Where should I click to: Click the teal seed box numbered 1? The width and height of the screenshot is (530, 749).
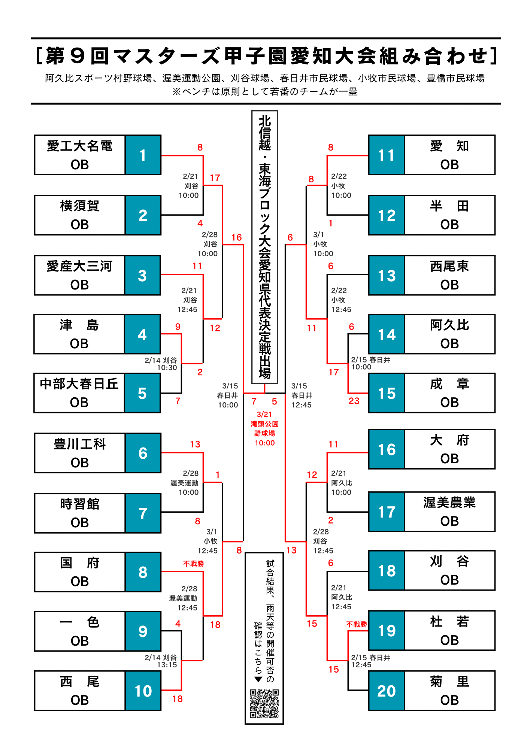[x=143, y=155]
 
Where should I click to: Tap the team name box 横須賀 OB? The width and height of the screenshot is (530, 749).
[x=80, y=215]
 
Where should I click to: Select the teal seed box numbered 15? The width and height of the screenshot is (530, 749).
[x=387, y=393]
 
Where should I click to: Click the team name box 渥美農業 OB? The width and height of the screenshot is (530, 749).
[x=449, y=512]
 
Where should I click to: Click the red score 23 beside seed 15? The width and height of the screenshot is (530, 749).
[x=354, y=401]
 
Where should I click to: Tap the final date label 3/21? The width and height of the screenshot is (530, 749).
[x=264, y=414]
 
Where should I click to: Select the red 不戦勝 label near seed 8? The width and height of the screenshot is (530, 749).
[x=193, y=564]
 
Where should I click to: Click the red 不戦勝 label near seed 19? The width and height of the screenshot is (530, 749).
[x=357, y=624]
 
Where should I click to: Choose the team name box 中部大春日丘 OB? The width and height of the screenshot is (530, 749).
[x=79, y=393]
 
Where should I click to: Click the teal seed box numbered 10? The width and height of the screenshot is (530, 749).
[x=143, y=691]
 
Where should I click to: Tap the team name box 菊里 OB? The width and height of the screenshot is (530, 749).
[x=449, y=691]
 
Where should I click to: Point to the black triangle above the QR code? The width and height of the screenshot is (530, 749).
[x=258, y=680]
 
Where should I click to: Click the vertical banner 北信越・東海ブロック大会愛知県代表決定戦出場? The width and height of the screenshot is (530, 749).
[x=265, y=247]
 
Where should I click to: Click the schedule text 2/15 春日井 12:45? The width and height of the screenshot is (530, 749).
[x=370, y=661]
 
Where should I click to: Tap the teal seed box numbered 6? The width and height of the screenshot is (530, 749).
[x=143, y=453]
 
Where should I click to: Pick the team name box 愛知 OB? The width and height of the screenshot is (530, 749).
[x=449, y=155]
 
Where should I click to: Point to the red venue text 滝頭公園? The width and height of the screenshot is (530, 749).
[x=264, y=424]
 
